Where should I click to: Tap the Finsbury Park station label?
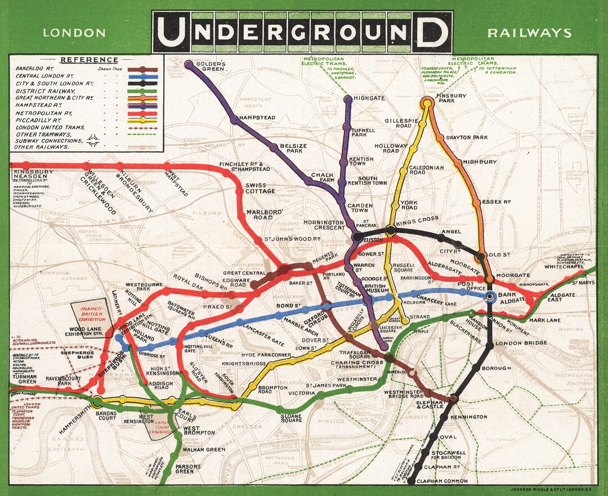(451, 99)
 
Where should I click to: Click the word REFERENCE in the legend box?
(89, 60)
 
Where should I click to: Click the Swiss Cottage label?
(260, 188)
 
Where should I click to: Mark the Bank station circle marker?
(490, 296)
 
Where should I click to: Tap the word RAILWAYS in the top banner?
(529, 33)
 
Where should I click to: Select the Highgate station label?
(369, 98)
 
